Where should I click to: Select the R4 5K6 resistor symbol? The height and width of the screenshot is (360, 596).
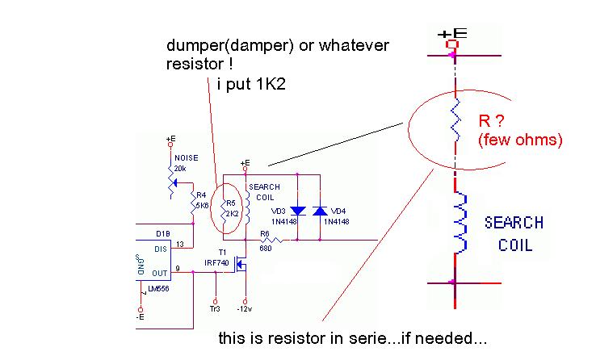(191, 207)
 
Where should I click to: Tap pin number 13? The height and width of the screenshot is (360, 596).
(180, 244)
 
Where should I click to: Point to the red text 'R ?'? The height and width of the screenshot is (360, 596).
(492, 122)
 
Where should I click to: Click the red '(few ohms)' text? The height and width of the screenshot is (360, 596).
(519, 140)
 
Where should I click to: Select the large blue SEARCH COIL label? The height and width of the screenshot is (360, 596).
(514, 233)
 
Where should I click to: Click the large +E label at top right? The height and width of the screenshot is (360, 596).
(452, 33)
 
